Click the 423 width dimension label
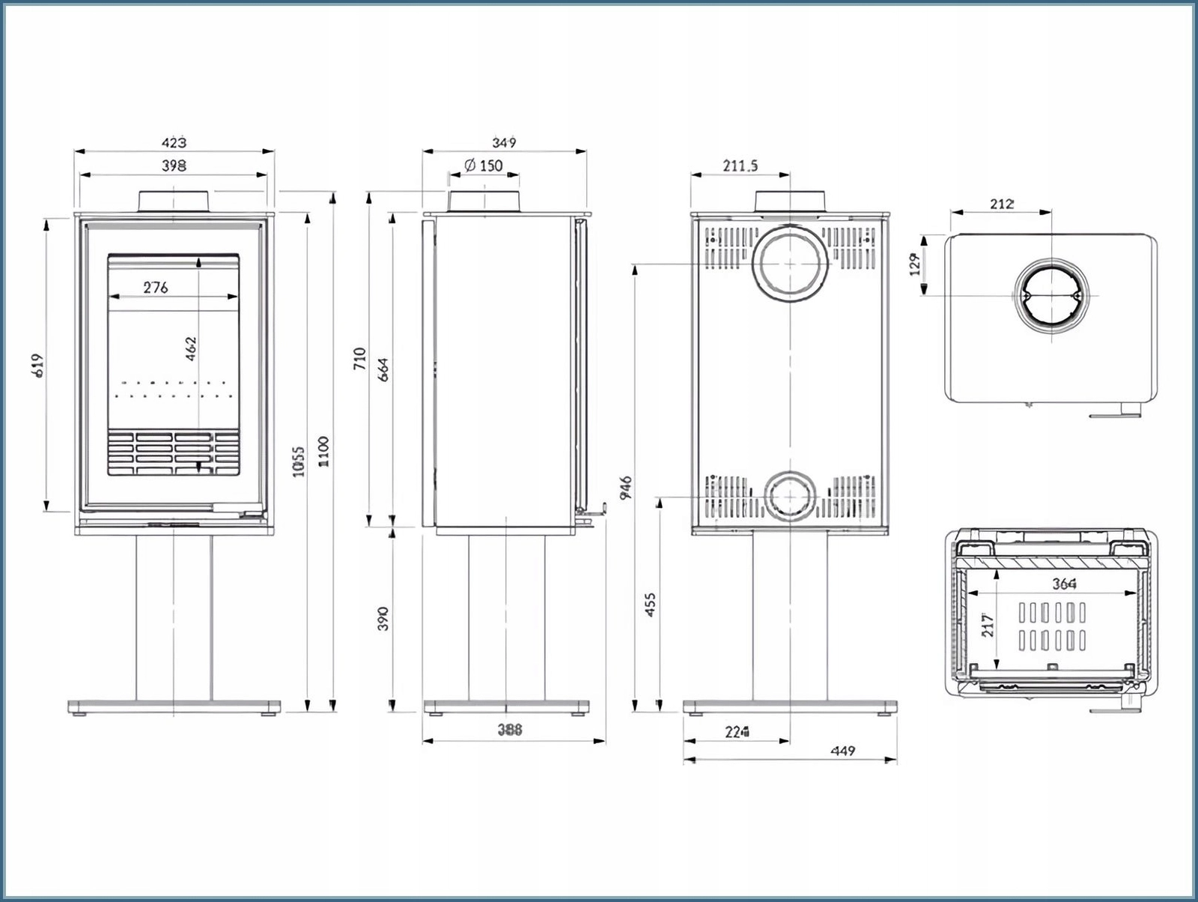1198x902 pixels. (x=174, y=142)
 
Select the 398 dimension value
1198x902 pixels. (x=174, y=166)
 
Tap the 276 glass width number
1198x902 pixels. (x=156, y=287)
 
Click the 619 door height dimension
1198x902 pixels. (x=39, y=365)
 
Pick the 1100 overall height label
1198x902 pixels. (x=323, y=452)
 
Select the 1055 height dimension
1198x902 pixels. (x=299, y=461)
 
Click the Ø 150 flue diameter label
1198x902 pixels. (x=484, y=165)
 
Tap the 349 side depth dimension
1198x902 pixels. (x=504, y=142)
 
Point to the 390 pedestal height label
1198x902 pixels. (x=383, y=619)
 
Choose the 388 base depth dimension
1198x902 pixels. (x=510, y=730)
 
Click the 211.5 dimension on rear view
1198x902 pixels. (x=740, y=166)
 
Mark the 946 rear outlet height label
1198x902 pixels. (x=626, y=487)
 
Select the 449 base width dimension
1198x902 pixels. (x=843, y=751)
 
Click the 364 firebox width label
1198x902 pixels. (x=1064, y=584)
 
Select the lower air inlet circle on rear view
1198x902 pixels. (x=791, y=496)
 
